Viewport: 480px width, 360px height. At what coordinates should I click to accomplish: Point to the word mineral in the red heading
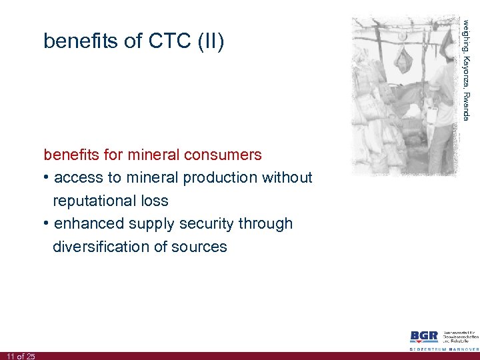(x=153, y=155)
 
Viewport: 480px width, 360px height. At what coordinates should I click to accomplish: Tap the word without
(x=287, y=178)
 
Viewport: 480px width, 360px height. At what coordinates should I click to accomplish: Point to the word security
(x=217, y=224)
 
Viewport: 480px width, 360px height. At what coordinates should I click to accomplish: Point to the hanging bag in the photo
(x=402, y=61)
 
